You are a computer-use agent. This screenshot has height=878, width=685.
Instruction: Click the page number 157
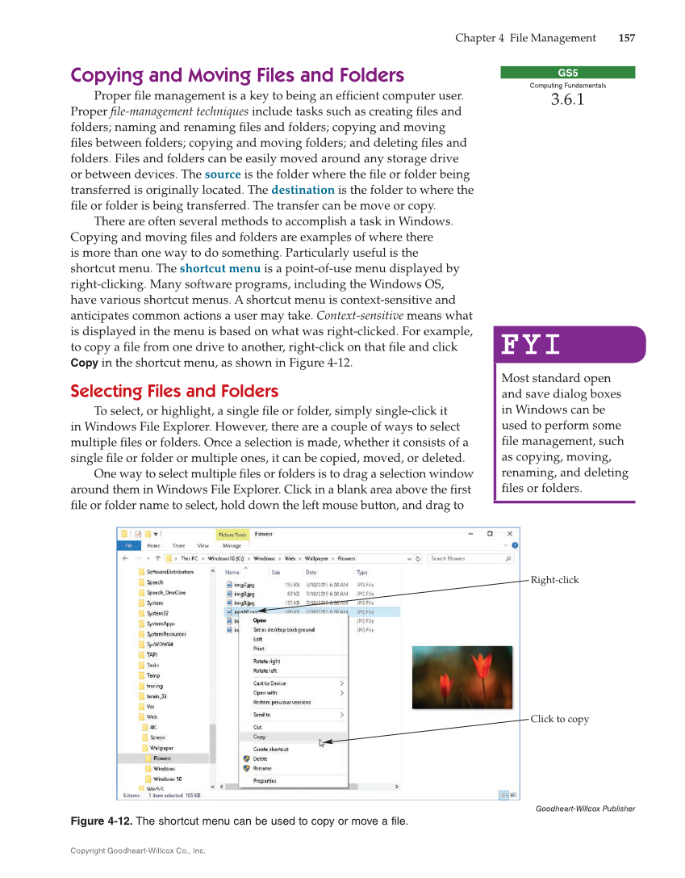point(626,38)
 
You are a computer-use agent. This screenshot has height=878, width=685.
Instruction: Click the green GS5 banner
point(567,73)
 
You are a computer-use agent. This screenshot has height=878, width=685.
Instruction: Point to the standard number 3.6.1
point(567,100)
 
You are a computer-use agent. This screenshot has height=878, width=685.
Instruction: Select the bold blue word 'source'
point(222,174)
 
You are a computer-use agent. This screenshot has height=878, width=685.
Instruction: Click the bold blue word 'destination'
point(303,190)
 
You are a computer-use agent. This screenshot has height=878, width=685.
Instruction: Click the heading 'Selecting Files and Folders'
point(174,392)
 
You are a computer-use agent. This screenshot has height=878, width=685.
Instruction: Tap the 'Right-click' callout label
point(554,580)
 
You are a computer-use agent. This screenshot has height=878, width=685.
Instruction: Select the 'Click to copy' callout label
point(559,719)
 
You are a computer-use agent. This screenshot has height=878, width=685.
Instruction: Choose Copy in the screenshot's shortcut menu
point(260,737)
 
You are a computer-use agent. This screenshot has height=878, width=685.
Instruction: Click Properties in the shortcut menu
point(265,781)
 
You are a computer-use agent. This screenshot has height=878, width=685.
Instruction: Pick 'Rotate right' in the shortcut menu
point(267,662)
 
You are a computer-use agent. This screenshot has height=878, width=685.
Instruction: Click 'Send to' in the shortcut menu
point(262,715)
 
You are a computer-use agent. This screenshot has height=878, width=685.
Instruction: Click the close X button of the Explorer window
point(509,534)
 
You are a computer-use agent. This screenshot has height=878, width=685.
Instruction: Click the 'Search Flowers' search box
point(468,558)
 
